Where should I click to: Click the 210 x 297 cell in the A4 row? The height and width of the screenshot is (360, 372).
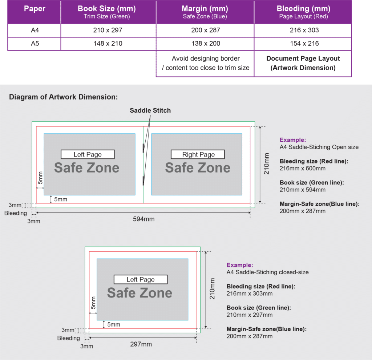point(108,31)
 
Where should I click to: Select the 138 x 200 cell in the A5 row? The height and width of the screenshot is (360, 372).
point(205,44)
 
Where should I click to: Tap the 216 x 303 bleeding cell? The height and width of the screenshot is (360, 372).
point(304,31)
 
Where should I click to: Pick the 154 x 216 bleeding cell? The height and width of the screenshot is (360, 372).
point(304,44)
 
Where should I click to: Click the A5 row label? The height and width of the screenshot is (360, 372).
point(35,44)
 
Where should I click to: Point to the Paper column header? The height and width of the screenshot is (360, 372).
point(35,9)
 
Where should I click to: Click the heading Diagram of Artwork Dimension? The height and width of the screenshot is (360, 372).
point(64,97)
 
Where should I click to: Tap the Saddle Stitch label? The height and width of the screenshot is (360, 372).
point(150,110)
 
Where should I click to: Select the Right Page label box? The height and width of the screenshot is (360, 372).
point(198,154)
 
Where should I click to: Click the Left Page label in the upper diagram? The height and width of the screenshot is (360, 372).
point(88,154)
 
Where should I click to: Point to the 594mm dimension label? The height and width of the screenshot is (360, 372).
point(144,219)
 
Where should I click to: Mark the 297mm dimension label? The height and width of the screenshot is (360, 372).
point(141,344)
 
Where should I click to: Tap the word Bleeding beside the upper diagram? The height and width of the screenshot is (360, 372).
point(16,213)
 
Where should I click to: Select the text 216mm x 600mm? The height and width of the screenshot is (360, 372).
point(302,168)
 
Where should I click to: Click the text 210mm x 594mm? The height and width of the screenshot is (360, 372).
point(302,190)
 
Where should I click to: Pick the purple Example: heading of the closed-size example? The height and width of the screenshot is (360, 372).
point(240,265)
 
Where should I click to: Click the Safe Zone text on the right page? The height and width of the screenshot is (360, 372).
point(198,168)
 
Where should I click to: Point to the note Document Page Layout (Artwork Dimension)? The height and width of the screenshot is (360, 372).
point(303,63)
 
